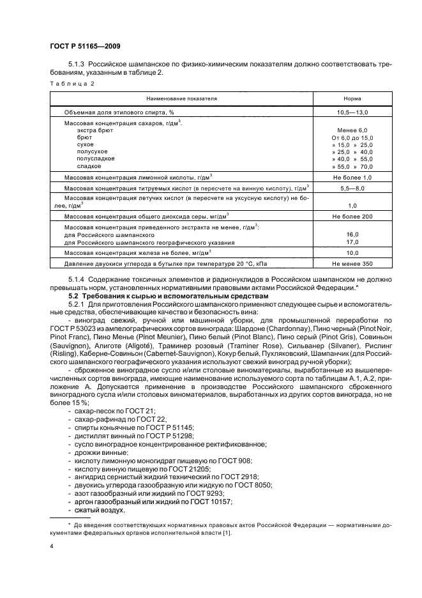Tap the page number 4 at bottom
[x=52, y=546]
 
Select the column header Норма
[x=350, y=99]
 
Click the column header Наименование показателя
[x=181, y=99]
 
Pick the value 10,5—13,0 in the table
[x=350, y=112]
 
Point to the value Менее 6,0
[x=350, y=130]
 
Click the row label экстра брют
[x=94, y=130]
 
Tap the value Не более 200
[x=350, y=217]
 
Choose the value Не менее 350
[x=350, y=263]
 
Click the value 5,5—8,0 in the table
[x=350, y=187]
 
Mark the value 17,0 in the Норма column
[x=350, y=242]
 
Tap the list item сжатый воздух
[x=100, y=510]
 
